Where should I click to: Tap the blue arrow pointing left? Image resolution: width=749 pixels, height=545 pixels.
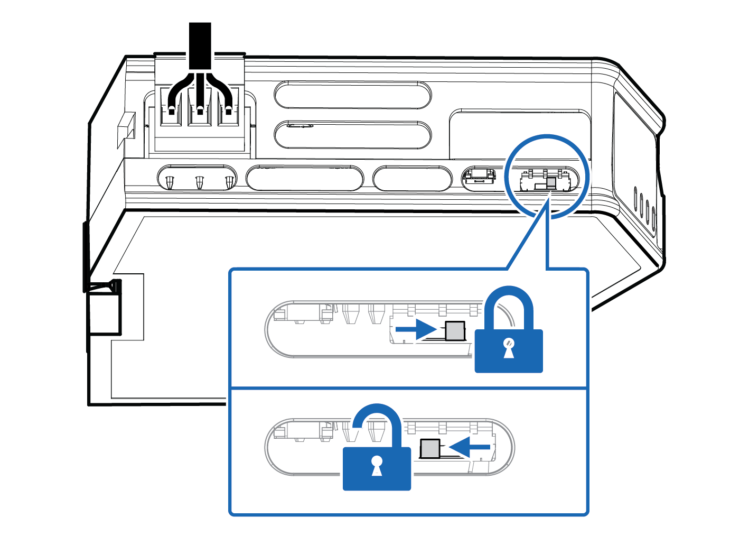coord(471,447)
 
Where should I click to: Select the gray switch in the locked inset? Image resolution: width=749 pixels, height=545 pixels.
coord(455,331)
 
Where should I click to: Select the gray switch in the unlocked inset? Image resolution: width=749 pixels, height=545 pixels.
coord(430,448)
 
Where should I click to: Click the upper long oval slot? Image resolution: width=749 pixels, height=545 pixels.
coord(352,95)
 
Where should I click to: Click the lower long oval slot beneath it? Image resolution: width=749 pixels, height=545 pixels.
coord(352,134)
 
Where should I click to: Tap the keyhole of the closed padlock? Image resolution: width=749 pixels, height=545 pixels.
coord(509,349)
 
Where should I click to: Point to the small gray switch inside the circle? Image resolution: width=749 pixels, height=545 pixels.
coord(550,182)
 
